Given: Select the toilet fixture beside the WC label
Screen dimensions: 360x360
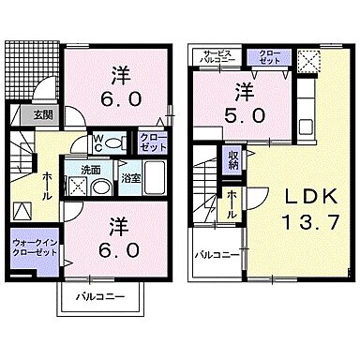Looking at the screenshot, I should click(114, 144).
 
